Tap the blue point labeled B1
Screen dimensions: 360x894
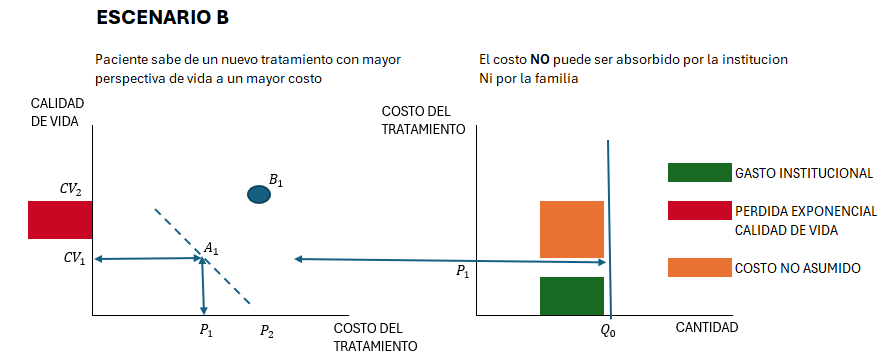[x=259, y=194]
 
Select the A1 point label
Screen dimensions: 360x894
[x=212, y=247]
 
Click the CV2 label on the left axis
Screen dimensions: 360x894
[x=71, y=186]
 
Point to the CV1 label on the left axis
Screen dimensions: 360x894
[x=74, y=258]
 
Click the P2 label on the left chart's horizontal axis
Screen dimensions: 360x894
[x=267, y=331]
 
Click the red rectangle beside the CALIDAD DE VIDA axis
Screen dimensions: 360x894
[x=60, y=220]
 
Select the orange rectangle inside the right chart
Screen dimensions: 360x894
[x=572, y=229]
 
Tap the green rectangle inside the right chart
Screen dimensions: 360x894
[x=572, y=296]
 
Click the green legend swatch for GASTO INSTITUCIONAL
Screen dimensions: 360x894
[x=699, y=172]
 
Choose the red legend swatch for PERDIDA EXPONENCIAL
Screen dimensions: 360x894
[x=699, y=211]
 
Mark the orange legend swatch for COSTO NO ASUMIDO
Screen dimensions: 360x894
[x=699, y=268]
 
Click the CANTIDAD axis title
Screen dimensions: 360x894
[x=707, y=327]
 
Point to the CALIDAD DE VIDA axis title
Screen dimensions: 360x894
[x=58, y=112]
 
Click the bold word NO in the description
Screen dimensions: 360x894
[x=539, y=60]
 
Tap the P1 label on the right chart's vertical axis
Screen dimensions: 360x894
[x=462, y=271]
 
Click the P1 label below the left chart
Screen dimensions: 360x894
[x=205, y=331]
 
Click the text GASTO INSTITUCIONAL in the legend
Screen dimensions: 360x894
[x=804, y=173]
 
